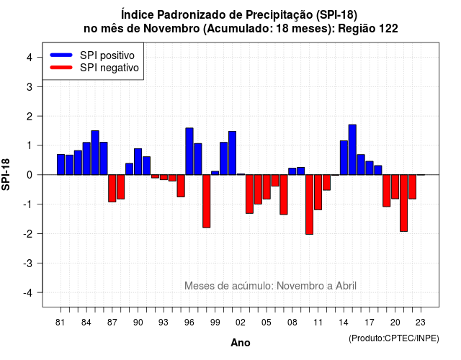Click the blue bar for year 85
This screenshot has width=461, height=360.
click(x=95, y=153)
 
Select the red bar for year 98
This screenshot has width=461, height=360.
click(x=207, y=202)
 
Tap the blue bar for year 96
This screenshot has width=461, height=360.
click(x=189, y=151)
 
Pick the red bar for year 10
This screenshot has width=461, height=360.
click(x=309, y=204)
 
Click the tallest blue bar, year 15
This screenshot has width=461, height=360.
click(x=352, y=150)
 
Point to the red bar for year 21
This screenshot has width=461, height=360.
click(x=403, y=203)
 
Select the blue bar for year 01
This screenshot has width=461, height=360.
click(x=232, y=153)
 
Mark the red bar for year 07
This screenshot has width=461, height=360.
click(x=284, y=194)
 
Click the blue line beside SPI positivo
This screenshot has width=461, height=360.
click(x=61, y=55)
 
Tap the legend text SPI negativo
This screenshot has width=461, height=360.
click(x=109, y=68)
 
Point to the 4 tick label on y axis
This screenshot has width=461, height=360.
click(x=30, y=58)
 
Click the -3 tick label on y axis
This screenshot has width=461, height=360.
click(x=27, y=264)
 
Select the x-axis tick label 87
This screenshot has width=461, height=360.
click(x=112, y=323)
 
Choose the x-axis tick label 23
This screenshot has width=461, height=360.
click(x=421, y=323)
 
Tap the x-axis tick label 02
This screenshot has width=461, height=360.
click(x=241, y=323)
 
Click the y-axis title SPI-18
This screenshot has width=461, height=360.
click(x=6, y=174)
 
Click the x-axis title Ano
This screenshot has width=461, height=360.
click(x=241, y=343)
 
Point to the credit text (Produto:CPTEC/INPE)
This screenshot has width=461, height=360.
click(x=394, y=338)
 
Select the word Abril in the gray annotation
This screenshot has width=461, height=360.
click(x=346, y=286)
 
